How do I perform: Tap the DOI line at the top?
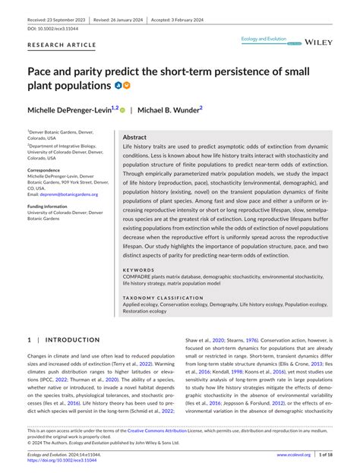tap(54, 28)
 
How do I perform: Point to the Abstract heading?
tap(134, 137)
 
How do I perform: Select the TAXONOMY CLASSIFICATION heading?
tap(163, 298)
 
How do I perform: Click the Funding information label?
tap(55, 206)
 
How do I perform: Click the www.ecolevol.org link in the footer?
tap(293, 455)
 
